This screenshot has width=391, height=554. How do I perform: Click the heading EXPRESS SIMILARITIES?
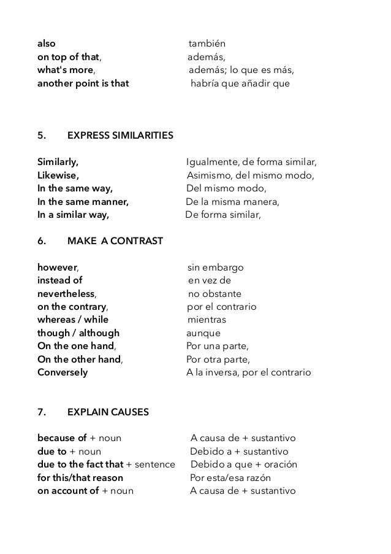[x=120, y=135]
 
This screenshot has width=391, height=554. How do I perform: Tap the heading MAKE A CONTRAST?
[x=115, y=241]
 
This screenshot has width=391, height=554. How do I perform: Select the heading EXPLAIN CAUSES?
[x=108, y=412]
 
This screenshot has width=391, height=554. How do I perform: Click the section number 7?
[x=42, y=412]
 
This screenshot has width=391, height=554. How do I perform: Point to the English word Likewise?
[x=58, y=175]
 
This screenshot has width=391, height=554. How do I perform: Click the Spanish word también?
[x=211, y=44]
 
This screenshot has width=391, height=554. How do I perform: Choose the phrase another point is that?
[x=83, y=83]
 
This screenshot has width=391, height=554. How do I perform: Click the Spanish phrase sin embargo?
[x=215, y=268]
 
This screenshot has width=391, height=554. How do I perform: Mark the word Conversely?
[x=63, y=372]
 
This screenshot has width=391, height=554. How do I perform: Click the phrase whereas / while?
[x=73, y=320]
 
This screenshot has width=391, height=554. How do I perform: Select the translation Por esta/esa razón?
[x=230, y=477]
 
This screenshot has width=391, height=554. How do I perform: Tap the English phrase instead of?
[x=59, y=281]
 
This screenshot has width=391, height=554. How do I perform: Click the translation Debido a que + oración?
[x=243, y=464]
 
